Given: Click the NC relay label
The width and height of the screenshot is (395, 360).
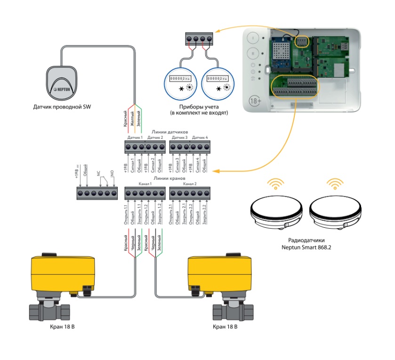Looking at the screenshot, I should (99, 173).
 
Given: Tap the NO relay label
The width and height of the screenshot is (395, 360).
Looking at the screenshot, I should (112, 174).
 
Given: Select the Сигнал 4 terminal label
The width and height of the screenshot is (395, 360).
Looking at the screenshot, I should (197, 165).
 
